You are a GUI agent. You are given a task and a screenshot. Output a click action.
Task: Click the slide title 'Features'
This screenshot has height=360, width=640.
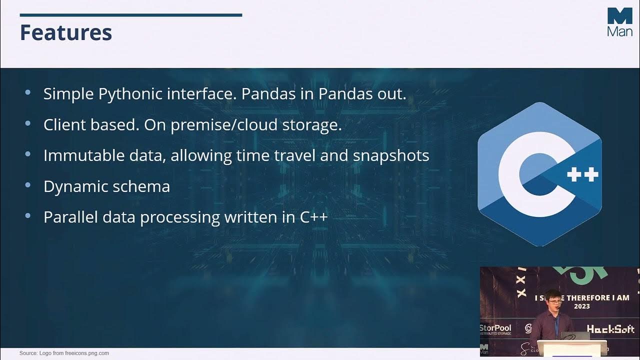65,32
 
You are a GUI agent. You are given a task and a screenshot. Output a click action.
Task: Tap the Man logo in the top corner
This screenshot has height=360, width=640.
619,22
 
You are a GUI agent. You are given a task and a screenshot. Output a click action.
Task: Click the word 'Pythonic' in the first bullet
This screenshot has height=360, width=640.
130,94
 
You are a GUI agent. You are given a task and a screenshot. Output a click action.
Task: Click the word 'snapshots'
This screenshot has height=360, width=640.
391,155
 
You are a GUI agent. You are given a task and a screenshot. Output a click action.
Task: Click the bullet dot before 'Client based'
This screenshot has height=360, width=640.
27,123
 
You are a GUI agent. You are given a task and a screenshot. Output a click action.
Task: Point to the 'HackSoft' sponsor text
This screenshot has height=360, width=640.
610,328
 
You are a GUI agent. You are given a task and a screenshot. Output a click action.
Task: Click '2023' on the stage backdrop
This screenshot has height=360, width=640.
581,306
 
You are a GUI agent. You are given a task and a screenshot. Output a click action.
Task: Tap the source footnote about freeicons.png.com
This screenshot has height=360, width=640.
64,353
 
